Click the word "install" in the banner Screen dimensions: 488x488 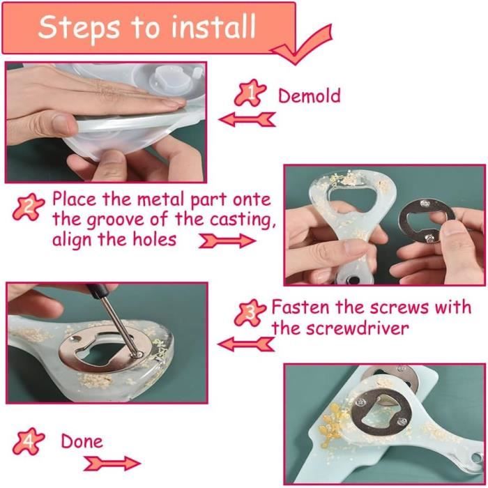[x=213, y=26]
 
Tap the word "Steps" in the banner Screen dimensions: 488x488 [x=79, y=28]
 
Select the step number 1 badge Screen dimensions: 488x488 [x=250, y=93]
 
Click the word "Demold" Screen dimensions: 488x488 [x=309, y=96]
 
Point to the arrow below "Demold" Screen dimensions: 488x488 [x=247, y=119]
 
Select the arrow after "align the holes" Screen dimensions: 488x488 [x=227, y=241]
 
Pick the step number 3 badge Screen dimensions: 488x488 [x=250, y=313]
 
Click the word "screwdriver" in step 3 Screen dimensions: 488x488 [x=357, y=328]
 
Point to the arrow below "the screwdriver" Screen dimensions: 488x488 [x=246, y=344]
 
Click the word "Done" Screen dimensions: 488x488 [x=82, y=441]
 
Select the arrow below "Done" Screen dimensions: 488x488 [x=112, y=464]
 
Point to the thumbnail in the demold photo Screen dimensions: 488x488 [x=61, y=123]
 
